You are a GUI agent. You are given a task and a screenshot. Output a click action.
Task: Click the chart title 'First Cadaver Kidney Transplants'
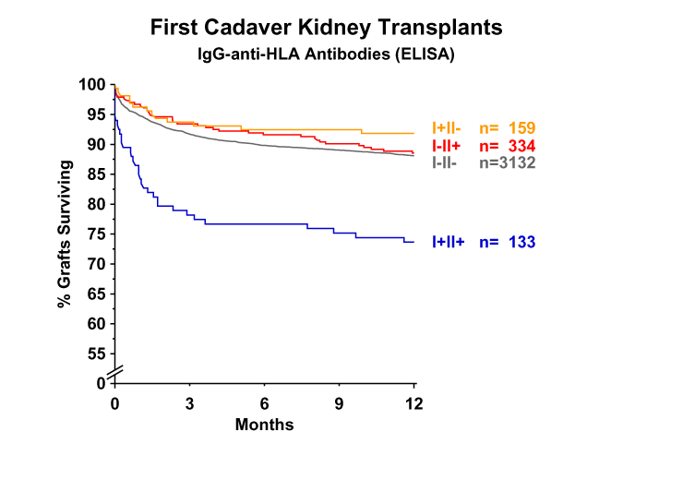(x=326, y=28)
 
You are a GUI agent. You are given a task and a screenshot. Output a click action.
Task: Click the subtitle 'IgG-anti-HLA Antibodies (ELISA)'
(x=326, y=54)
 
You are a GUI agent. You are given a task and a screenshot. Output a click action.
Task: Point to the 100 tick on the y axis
(x=92, y=85)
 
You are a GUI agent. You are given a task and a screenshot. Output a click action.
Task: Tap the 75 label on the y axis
(x=96, y=234)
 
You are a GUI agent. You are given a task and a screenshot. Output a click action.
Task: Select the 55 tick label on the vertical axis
(x=96, y=354)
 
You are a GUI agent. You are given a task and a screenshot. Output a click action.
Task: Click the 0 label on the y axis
(x=101, y=383)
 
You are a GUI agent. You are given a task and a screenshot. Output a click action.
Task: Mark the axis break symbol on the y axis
(x=115, y=372)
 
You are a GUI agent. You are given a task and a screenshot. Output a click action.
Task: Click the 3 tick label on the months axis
(x=189, y=403)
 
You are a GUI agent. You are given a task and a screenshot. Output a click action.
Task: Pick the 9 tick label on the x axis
(x=339, y=403)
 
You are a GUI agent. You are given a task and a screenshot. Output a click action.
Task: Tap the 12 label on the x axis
(x=413, y=403)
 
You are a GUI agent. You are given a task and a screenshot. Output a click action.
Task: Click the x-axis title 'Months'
(x=264, y=425)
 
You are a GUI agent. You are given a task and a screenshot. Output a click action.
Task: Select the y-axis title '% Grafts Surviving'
(x=65, y=234)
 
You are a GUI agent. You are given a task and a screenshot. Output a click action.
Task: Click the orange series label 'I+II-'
(x=447, y=128)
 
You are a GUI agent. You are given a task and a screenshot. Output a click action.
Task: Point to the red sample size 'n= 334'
(x=508, y=146)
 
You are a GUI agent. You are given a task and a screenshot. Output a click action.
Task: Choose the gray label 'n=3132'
(x=508, y=162)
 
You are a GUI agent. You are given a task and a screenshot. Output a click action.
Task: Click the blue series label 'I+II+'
(x=449, y=242)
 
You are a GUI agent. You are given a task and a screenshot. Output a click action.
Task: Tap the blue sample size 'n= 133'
(x=508, y=242)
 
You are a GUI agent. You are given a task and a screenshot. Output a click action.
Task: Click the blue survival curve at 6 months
(x=264, y=224)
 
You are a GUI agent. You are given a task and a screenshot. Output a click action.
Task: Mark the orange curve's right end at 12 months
(x=413, y=133)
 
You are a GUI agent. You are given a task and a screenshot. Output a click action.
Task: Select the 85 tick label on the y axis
(x=96, y=174)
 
